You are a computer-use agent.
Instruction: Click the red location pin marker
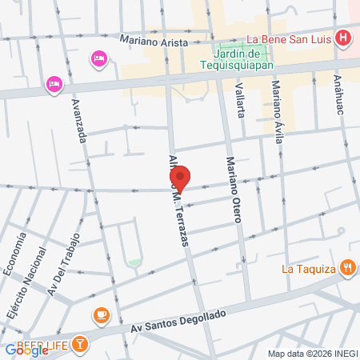(x=181, y=178)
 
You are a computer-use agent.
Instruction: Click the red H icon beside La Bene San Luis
(x=343, y=37)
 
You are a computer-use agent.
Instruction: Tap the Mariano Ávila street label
(x=277, y=111)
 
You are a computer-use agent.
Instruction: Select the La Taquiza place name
(x=308, y=269)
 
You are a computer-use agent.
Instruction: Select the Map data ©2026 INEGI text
(x=312, y=353)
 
